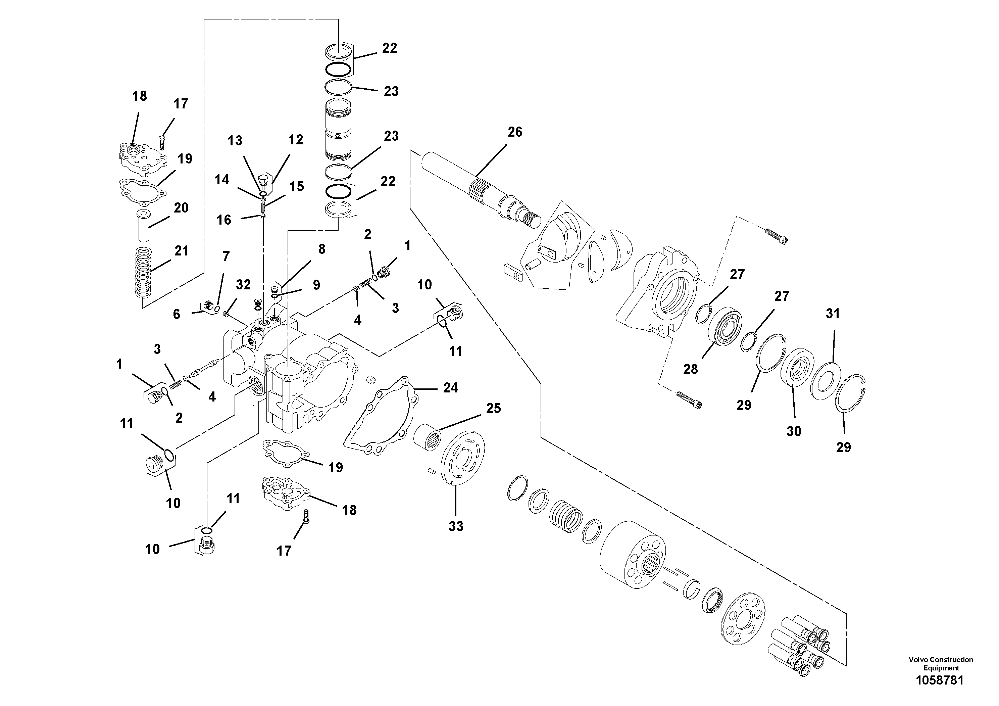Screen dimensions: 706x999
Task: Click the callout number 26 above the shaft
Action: [515, 132]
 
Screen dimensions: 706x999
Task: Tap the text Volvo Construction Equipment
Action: [941, 664]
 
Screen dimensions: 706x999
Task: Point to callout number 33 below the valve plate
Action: [456, 526]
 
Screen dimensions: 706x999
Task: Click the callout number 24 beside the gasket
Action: [450, 388]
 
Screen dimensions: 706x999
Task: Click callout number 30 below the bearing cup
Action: [794, 431]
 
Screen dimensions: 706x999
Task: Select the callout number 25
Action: [493, 408]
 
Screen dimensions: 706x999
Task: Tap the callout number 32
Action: [243, 285]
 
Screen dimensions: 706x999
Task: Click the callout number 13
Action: [235, 141]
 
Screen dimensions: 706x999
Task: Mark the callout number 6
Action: [176, 314]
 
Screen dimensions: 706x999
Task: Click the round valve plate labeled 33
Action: [463, 457]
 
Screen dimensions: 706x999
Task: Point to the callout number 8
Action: [321, 249]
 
